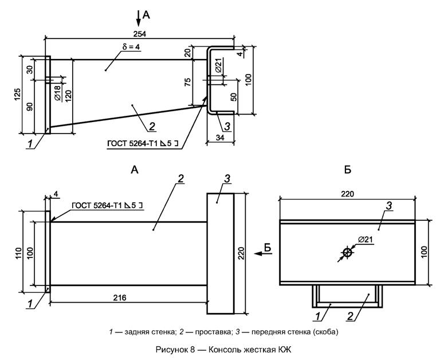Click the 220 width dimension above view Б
[x=347, y=194]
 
